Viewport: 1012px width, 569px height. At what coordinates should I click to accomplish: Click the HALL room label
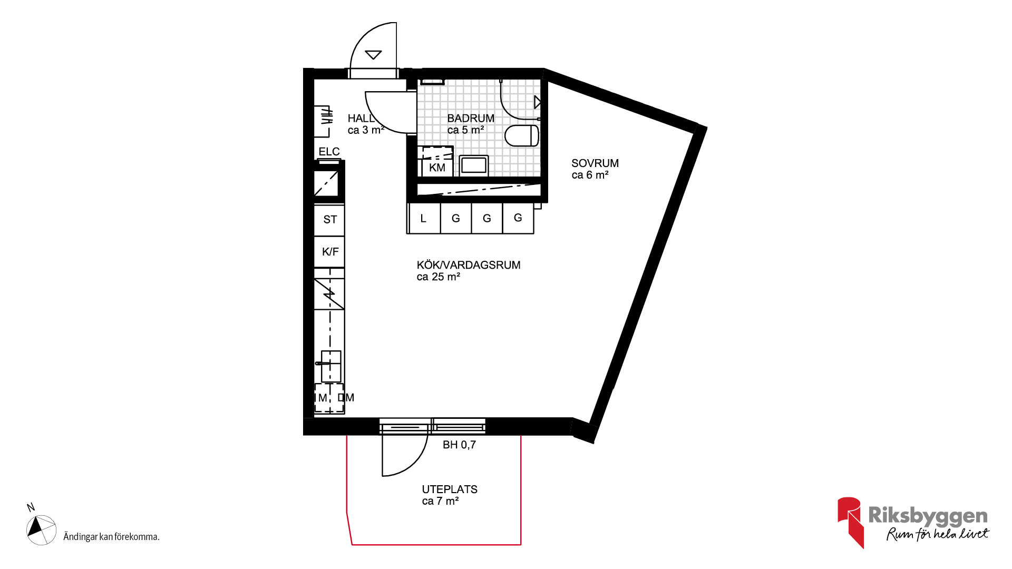(x=361, y=119)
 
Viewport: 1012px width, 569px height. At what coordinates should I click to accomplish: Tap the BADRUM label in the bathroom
(x=471, y=119)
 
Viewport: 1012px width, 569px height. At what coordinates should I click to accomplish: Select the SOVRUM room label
(x=595, y=163)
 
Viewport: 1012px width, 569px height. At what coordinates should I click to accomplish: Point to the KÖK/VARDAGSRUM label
(x=469, y=265)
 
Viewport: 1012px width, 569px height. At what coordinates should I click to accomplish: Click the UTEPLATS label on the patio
(x=450, y=489)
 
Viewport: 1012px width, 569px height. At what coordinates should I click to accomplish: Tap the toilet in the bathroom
(x=522, y=135)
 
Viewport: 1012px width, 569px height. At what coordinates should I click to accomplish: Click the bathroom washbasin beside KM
(x=474, y=165)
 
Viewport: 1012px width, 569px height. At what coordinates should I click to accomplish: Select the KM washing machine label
(x=437, y=168)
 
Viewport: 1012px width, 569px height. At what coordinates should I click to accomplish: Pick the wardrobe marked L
(x=424, y=218)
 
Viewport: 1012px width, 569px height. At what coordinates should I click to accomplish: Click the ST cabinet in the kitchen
(x=329, y=220)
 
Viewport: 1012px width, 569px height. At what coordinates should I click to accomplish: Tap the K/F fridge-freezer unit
(x=329, y=252)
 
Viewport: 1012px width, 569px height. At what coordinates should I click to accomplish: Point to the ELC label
(x=329, y=152)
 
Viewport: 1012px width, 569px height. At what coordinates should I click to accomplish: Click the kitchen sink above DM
(x=330, y=366)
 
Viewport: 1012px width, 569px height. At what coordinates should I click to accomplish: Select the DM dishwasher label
(x=346, y=398)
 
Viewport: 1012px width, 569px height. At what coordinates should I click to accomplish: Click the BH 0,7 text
(x=459, y=445)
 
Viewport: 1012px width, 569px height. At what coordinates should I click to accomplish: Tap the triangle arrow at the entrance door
(x=373, y=54)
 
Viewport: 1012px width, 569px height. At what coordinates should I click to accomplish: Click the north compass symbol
(x=41, y=529)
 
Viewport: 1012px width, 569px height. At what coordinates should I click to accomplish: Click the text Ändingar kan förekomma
(x=111, y=537)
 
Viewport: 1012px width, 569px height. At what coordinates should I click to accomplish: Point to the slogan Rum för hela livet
(x=938, y=534)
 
